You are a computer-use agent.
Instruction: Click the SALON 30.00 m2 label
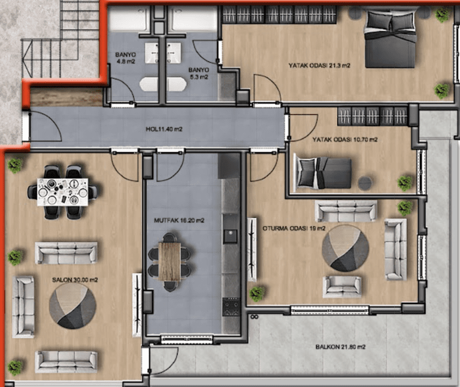click(x=75, y=280)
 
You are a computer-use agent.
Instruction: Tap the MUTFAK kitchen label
click(x=179, y=220)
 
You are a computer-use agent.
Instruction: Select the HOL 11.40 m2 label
click(x=164, y=129)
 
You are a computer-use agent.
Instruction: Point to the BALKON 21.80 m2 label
click(x=341, y=347)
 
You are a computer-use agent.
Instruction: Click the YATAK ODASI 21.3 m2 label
click(x=319, y=65)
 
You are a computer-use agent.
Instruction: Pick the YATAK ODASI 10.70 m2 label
click(x=345, y=140)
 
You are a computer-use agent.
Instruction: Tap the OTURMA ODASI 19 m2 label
click(x=294, y=228)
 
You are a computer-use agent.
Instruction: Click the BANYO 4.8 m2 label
click(x=125, y=58)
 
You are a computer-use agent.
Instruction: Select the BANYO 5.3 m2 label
click(x=199, y=73)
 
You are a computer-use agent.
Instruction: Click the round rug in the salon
click(x=73, y=306)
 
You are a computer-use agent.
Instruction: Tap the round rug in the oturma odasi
click(x=345, y=248)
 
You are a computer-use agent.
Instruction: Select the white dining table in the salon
click(x=62, y=192)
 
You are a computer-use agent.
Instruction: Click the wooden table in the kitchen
click(x=169, y=261)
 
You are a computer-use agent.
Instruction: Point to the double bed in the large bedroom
click(x=390, y=39)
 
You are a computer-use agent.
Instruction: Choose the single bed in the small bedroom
click(x=324, y=173)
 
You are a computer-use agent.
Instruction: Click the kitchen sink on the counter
click(x=231, y=236)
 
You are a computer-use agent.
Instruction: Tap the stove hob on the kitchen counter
click(x=231, y=307)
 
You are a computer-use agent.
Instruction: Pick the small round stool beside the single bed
click(x=365, y=183)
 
